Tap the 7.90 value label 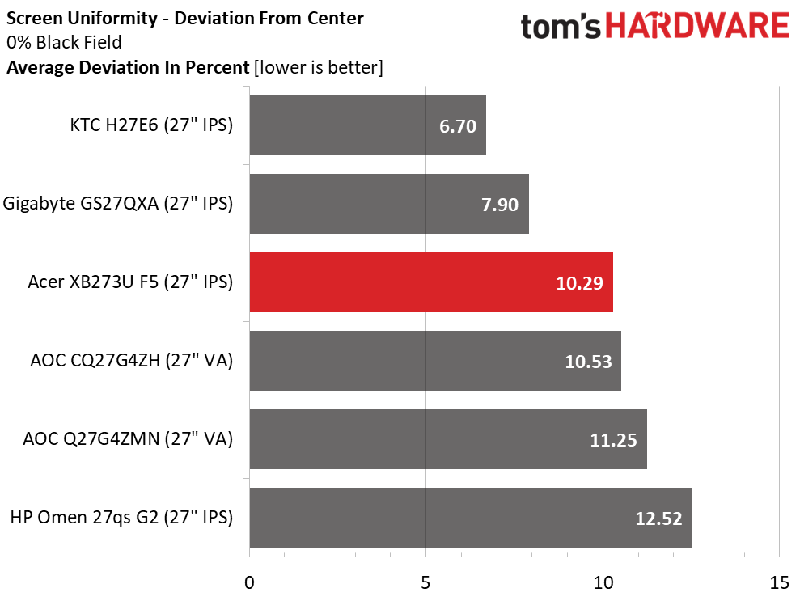499,205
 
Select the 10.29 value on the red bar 580,283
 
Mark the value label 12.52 658,519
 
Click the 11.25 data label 613,440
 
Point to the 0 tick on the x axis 249,582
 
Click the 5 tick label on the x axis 425,582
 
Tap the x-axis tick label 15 778,582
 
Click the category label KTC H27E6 151,125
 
